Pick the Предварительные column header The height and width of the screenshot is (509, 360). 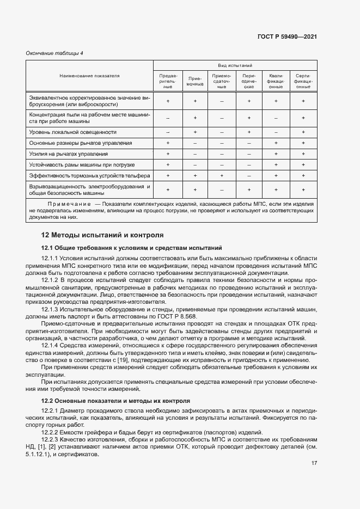168,81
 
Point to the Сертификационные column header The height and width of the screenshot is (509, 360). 303,81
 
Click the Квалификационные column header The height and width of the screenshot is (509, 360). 276,81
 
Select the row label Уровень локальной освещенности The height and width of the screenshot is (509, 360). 72,132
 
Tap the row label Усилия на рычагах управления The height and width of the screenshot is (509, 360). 69,154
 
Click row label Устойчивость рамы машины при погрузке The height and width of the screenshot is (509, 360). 82,165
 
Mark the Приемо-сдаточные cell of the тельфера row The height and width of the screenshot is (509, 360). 222,176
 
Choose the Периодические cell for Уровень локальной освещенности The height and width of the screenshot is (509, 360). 249,132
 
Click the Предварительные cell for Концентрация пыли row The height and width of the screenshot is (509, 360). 168,118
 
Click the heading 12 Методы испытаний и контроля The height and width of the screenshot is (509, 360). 102,236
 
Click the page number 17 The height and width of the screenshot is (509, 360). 314,463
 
